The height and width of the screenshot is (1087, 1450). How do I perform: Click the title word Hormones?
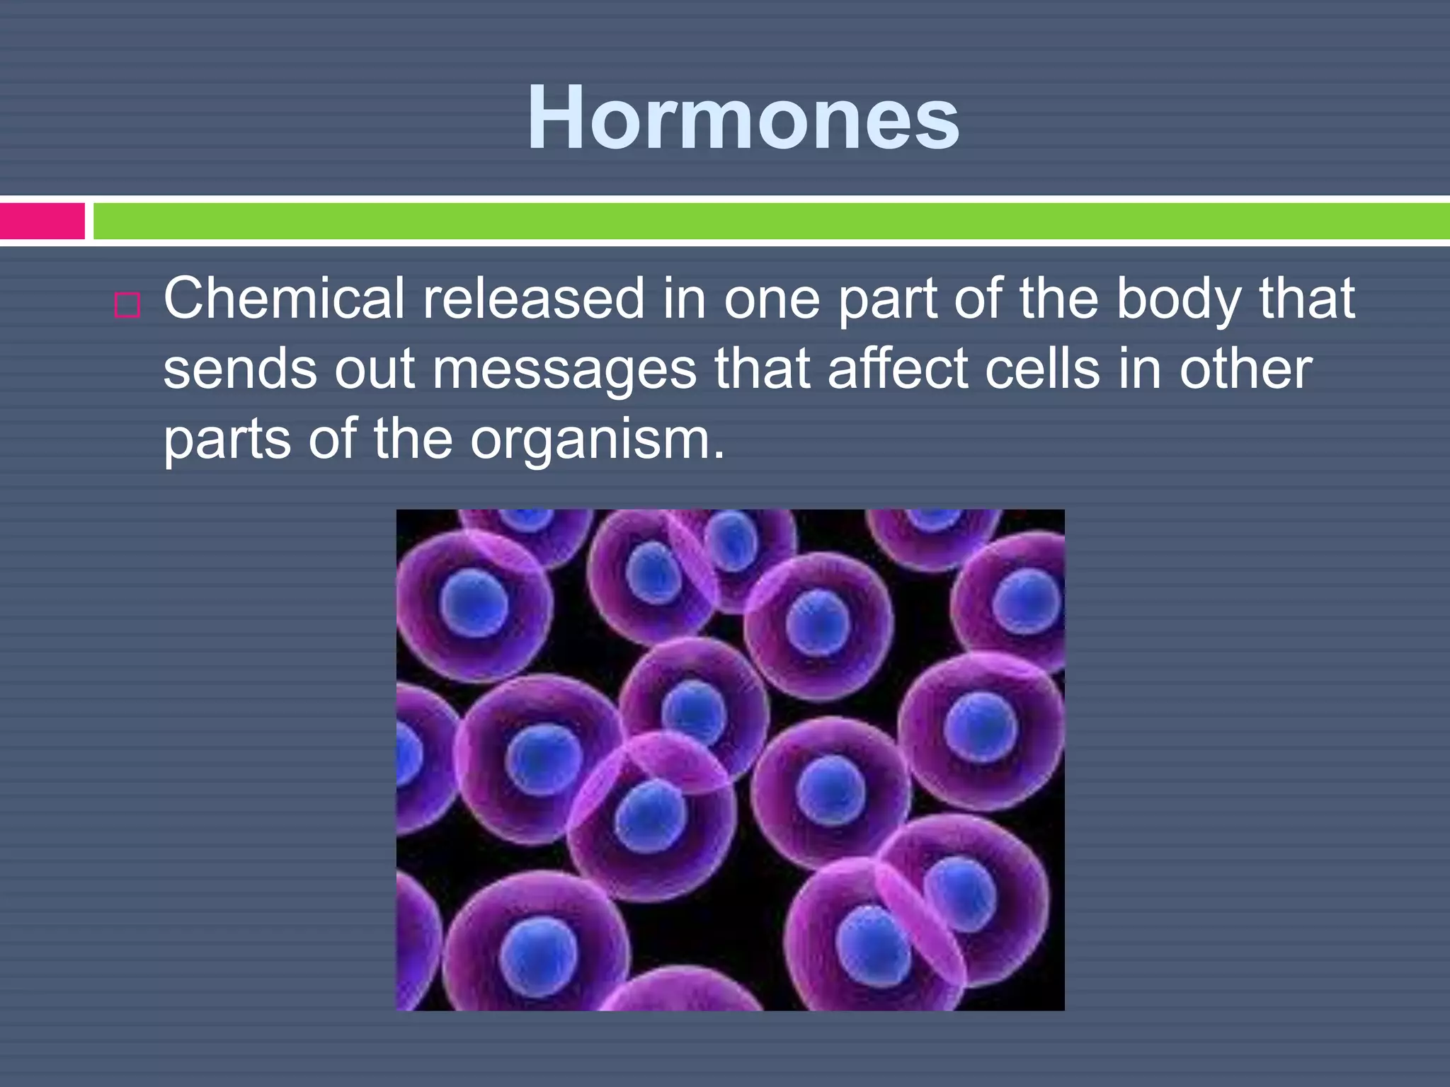click(x=743, y=119)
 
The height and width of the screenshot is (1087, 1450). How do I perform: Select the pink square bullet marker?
click(x=127, y=306)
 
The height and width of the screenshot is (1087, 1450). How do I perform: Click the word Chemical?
click(x=284, y=299)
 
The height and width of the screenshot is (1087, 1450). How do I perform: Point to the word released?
click(x=533, y=299)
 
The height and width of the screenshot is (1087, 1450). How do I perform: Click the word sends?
click(x=239, y=369)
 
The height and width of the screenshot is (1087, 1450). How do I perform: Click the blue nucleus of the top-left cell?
click(x=473, y=604)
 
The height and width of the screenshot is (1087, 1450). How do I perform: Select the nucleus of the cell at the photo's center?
click(x=694, y=710)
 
